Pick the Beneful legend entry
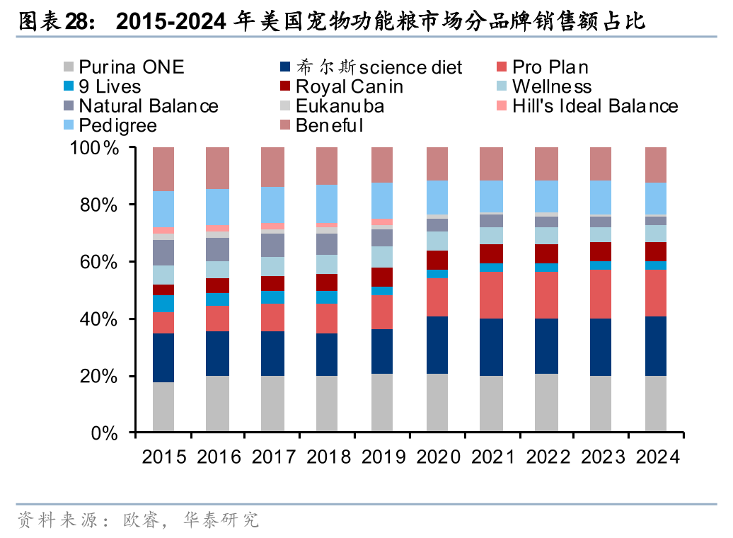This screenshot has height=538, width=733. point(329,126)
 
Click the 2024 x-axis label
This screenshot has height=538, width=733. point(657,457)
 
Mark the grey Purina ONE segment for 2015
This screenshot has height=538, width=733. point(163,407)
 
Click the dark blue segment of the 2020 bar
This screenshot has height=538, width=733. point(437,345)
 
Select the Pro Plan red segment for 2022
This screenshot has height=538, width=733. point(546,295)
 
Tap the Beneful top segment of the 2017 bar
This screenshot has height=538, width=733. point(272,167)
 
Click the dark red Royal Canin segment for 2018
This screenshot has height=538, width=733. point(327,282)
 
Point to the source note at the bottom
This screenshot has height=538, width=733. point(138,522)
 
